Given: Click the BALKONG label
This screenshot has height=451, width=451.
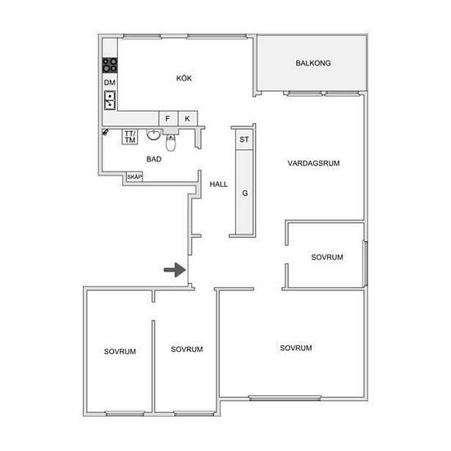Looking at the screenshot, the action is (313, 63).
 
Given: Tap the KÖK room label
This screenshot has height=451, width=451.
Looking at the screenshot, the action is (184, 78).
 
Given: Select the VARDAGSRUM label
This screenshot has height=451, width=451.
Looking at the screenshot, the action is (313, 163).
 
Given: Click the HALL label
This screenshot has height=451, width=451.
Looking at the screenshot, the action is (219, 184).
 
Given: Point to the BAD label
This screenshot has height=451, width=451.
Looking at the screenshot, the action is (154, 159).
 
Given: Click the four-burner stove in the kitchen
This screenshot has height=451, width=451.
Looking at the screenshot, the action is (110, 65).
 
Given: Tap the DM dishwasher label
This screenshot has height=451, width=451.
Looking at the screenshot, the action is (110, 83).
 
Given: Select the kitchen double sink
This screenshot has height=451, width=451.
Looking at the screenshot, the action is (110, 100).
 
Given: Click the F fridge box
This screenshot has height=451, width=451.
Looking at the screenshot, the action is (169, 118).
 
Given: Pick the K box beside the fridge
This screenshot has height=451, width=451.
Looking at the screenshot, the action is (188, 118).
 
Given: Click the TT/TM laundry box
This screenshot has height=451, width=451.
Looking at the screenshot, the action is (130, 137).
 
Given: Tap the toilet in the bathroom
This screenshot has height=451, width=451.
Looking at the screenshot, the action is (171, 143).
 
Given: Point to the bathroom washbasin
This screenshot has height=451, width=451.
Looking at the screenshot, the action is (153, 134).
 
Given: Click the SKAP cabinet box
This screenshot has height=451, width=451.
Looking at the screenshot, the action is (134, 176).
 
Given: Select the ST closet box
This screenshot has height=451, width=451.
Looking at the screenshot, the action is (244, 139).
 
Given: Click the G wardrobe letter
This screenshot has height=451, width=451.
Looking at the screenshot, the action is (245, 193).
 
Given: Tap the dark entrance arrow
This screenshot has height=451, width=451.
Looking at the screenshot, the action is (175, 270).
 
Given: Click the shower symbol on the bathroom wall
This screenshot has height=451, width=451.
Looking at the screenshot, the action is (105, 132).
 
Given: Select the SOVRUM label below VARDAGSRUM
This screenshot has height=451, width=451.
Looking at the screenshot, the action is (327, 257).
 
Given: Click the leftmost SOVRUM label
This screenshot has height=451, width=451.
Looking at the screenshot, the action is (120, 351).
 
